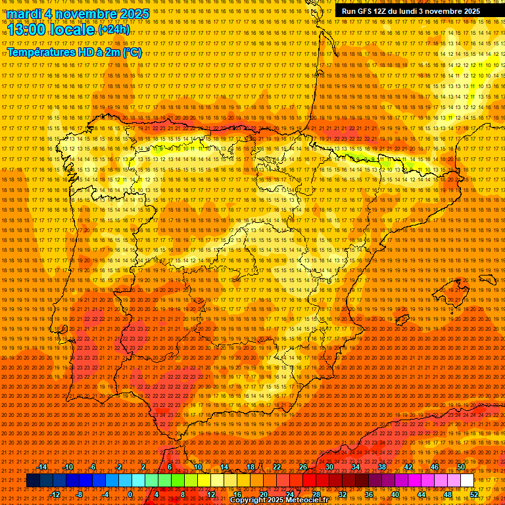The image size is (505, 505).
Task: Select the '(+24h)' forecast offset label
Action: click(114, 30)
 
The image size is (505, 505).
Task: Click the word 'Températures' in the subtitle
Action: click(42, 52)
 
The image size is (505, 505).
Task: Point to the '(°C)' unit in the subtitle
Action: click(132, 52)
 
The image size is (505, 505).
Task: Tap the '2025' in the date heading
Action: click(134, 14)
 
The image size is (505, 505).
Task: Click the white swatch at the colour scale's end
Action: click(467, 481)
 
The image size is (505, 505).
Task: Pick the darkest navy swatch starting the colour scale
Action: click(33, 481)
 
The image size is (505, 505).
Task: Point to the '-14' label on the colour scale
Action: click(42, 467)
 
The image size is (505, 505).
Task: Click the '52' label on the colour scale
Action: click(474, 494)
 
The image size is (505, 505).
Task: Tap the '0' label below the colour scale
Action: click(130, 494)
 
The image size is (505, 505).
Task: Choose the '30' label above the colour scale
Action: click(329, 467)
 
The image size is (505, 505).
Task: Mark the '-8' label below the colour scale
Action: click(79, 494)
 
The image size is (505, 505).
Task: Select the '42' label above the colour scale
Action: click(408, 467)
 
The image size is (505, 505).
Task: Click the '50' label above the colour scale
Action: click(461, 467)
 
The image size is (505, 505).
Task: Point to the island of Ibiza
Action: click(400, 320)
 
